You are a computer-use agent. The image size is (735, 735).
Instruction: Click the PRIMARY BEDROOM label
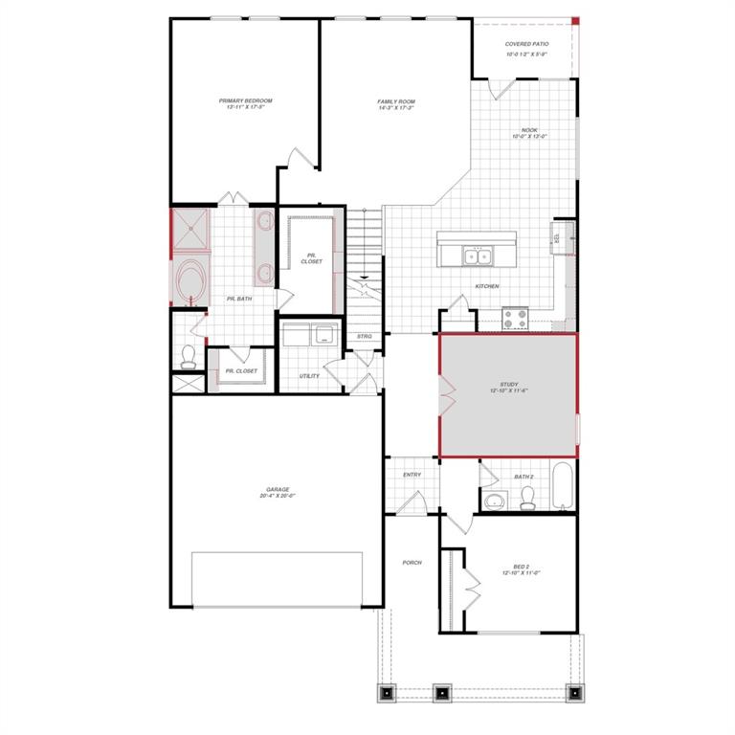(x=245, y=100)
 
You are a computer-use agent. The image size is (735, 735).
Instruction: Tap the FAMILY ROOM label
(x=396, y=100)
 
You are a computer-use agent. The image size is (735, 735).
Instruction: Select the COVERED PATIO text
(x=525, y=44)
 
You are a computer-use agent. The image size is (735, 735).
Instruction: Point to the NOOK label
(x=529, y=130)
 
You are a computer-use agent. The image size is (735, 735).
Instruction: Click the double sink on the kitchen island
(x=477, y=256)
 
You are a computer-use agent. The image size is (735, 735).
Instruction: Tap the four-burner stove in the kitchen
(x=516, y=317)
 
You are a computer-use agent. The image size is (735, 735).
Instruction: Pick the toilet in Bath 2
(x=525, y=497)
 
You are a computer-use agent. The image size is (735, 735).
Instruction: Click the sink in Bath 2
(x=495, y=501)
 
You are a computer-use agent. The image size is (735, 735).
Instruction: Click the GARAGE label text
(x=278, y=490)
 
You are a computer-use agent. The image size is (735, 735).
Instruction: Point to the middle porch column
(x=441, y=692)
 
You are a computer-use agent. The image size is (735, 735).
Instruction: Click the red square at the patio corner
(x=575, y=20)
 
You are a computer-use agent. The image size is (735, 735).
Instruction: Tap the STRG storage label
(x=365, y=336)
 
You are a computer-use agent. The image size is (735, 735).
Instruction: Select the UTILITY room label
(x=308, y=376)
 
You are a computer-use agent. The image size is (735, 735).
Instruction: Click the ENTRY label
(x=412, y=475)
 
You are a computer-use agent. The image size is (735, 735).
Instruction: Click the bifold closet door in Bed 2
(x=470, y=582)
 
